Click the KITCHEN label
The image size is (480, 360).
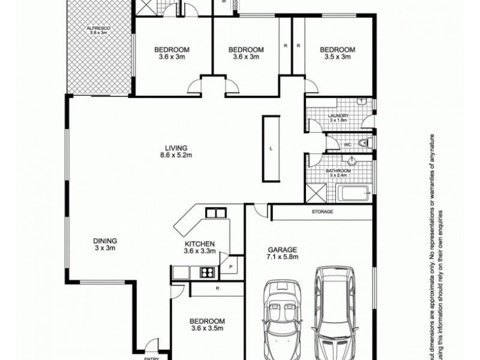pyautogui.click(x=199, y=244)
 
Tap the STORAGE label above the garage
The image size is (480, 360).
pyautogui.click(x=322, y=212)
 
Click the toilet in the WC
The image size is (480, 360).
pyautogui.click(x=364, y=143)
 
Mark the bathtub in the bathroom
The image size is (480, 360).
pyautogui.click(x=354, y=193)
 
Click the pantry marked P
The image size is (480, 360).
pyautogui.click(x=230, y=265)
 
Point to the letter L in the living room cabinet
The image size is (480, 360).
pyautogui.click(x=271, y=148)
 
